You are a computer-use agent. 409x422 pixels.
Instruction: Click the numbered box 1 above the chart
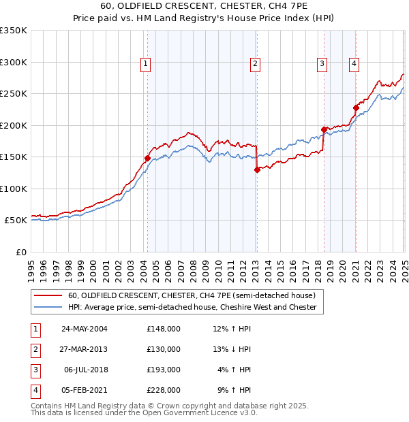pyautogui.click(x=146, y=65)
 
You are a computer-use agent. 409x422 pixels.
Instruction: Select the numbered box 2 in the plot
pyautogui.click(x=255, y=65)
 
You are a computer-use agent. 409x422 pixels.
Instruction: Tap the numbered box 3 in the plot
pyautogui.click(x=321, y=65)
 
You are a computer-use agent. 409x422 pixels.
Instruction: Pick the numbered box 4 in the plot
pyautogui.click(x=354, y=65)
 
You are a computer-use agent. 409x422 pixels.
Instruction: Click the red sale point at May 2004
pyautogui.click(x=147, y=158)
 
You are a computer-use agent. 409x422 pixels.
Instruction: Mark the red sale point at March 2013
pyautogui.click(x=257, y=169)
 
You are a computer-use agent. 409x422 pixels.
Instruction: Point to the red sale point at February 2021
pyautogui.click(x=356, y=108)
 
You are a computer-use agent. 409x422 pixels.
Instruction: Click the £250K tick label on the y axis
pyautogui.click(x=14, y=94)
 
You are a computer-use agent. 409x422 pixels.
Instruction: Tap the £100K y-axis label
pyautogui.click(x=14, y=189)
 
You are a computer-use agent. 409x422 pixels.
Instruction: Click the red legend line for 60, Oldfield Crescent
pyautogui.click(x=48, y=296)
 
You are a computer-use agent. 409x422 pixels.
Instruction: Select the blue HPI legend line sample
pyautogui.click(x=48, y=308)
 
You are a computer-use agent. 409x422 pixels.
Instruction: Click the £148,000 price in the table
pyautogui.click(x=163, y=329)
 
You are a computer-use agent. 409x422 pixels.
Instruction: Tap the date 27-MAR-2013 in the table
pyautogui.click(x=85, y=349)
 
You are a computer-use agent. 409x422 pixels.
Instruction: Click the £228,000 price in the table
pyautogui.click(x=163, y=390)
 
